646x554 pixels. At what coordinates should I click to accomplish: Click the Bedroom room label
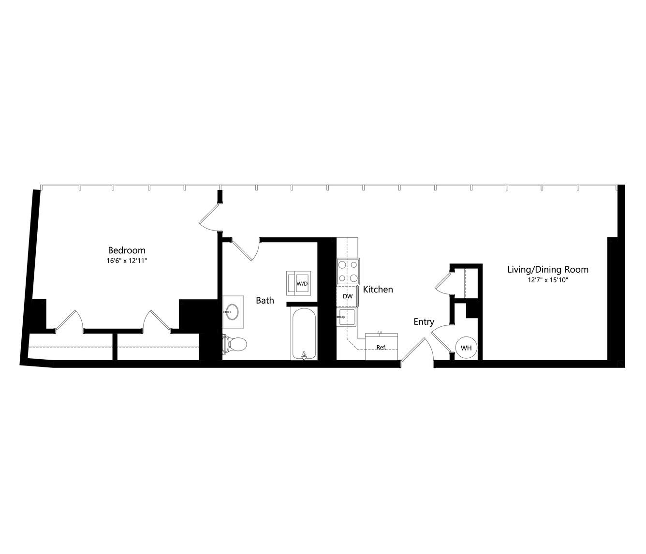127,250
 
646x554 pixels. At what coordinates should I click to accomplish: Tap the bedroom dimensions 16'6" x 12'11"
127,261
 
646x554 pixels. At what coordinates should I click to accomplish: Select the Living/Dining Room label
547,270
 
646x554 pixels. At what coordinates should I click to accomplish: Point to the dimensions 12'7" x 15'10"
548,280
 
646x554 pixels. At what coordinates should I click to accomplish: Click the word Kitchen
378,290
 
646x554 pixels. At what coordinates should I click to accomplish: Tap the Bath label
264,300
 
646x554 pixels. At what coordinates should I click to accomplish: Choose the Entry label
424,321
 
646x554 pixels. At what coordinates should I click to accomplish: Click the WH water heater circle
466,348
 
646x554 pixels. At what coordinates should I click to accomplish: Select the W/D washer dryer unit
299,283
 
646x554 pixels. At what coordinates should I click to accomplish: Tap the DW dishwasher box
347,296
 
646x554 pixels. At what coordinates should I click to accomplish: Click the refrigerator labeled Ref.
382,347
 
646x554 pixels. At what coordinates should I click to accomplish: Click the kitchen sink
346,318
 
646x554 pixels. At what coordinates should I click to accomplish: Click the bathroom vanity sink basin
232,311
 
